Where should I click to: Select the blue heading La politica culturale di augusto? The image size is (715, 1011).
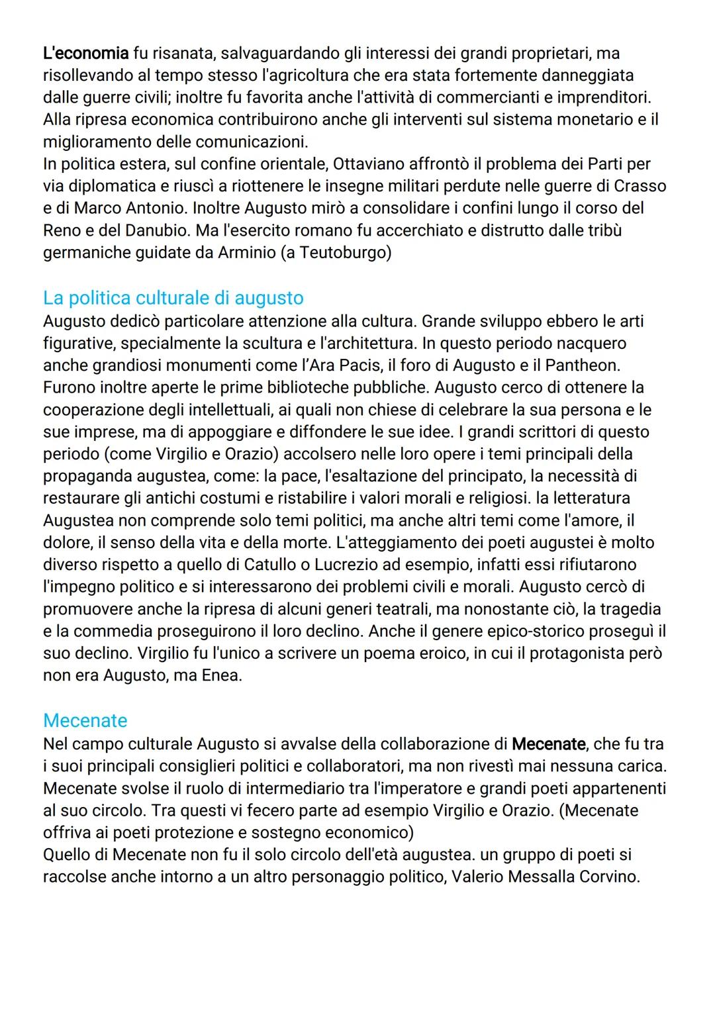tap(173, 298)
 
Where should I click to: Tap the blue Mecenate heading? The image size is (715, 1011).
tap(85, 720)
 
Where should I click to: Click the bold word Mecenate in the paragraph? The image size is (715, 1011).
tap(548, 744)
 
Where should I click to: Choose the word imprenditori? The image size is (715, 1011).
tap(603, 97)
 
